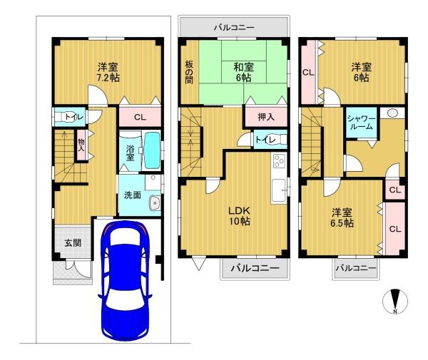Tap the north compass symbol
pyautogui.click(x=395, y=302)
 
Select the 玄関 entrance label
pyautogui.click(x=73, y=242)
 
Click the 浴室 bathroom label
pyautogui.click(x=130, y=153)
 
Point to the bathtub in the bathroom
pyautogui.click(x=153, y=150)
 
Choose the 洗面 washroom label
pyautogui.click(x=133, y=195)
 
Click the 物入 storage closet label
pyautogui.click(x=81, y=145)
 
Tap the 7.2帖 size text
pyautogui.click(x=108, y=78)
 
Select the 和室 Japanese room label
pyautogui.click(x=243, y=67)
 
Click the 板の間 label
pyautogui.click(x=189, y=72)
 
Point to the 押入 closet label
pyautogui.click(x=266, y=117)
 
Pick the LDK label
pyautogui.click(x=239, y=210)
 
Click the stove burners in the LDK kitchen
pyautogui.click(x=279, y=161)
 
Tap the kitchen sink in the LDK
pyautogui.click(x=278, y=190)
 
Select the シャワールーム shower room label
pyautogui.click(x=362, y=123)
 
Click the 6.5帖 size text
pyautogui.click(x=342, y=223)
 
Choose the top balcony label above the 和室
pyautogui.click(x=234, y=28)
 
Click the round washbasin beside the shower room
pyautogui.click(x=392, y=113)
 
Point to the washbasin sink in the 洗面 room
pyautogui.click(x=155, y=203)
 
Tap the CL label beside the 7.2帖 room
pyautogui.click(x=140, y=118)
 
